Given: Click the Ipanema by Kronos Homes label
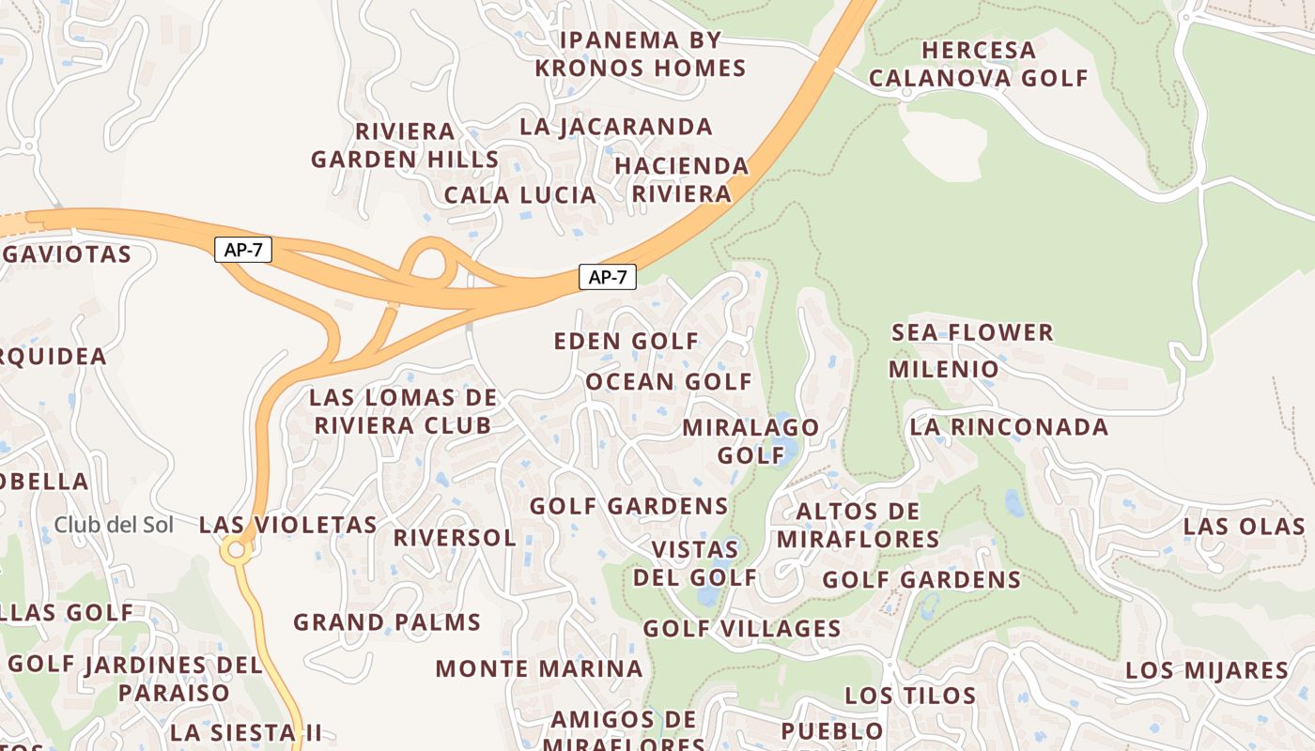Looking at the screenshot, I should pyautogui.click(x=640, y=54).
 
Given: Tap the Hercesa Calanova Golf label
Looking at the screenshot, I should pyautogui.click(x=978, y=64).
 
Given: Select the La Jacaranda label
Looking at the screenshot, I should pyautogui.click(x=616, y=127).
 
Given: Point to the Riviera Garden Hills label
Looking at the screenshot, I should pyautogui.click(x=405, y=146).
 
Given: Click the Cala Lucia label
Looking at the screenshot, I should pyautogui.click(x=519, y=195).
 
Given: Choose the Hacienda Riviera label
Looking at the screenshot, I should pyautogui.click(x=682, y=179).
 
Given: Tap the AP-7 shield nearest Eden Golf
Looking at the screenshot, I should pyautogui.click(x=608, y=277).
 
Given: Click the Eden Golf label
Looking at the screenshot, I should pyautogui.click(x=627, y=341).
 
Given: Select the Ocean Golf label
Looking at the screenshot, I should pyautogui.click(x=669, y=382).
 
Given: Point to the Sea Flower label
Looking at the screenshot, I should pyautogui.click(x=972, y=332).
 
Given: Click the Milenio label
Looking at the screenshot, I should pyautogui.click(x=944, y=369).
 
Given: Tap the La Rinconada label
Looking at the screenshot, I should pyautogui.click(x=1009, y=427).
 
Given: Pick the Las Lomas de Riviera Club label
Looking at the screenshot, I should pyautogui.click(x=403, y=411).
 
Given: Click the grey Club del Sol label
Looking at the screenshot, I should pyautogui.click(x=114, y=525).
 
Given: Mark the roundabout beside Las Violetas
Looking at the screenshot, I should pyautogui.click(x=236, y=550).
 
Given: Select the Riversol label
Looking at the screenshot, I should pyautogui.click(x=455, y=538).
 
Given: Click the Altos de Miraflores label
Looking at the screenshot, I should pyautogui.click(x=858, y=526).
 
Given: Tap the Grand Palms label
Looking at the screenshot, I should pyautogui.click(x=387, y=622).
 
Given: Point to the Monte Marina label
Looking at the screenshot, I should pyautogui.click(x=539, y=669).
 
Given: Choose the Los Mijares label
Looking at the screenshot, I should pyautogui.click(x=1207, y=671).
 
